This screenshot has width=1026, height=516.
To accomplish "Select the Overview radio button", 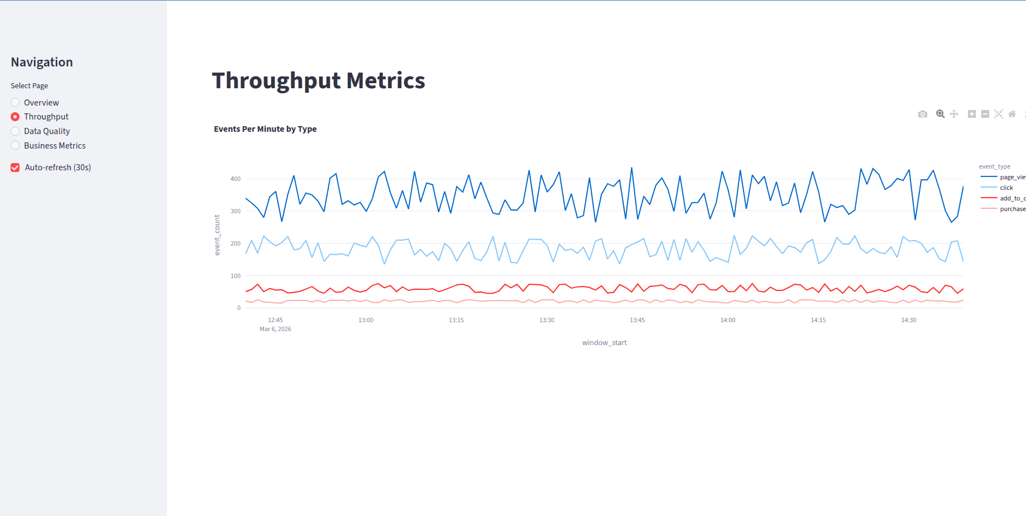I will (x=15, y=102).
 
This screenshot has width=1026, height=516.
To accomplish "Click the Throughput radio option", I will (x=15, y=117).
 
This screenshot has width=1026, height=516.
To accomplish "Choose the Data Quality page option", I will (x=15, y=131).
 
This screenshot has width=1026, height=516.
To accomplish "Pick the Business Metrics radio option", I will (x=15, y=146).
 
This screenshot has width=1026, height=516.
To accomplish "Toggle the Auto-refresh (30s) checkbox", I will (x=16, y=168).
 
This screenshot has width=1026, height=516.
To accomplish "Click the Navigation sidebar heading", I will (x=42, y=62).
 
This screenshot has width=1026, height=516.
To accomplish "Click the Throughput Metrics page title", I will (x=318, y=80).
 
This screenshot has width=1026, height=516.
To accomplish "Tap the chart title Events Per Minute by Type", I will (x=265, y=129).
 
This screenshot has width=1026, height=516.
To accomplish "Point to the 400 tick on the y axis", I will (x=236, y=179).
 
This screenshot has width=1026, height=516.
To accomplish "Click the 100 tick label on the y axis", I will (x=236, y=276).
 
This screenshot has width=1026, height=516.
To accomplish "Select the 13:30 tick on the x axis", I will (x=546, y=320).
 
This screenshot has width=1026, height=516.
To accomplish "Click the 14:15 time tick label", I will (x=818, y=320).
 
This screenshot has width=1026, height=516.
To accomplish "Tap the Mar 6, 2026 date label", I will (x=275, y=329).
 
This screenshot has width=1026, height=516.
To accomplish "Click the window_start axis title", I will (x=604, y=343).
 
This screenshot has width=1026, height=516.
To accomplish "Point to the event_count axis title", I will (x=217, y=235).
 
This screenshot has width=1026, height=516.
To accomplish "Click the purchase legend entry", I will (x=1011, y=209).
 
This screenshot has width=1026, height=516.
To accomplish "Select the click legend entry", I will (x=1006, y=188).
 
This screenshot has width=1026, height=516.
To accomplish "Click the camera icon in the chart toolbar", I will (x=923, y=114).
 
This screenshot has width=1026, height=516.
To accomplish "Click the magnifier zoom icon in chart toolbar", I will (x=940, y=114).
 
